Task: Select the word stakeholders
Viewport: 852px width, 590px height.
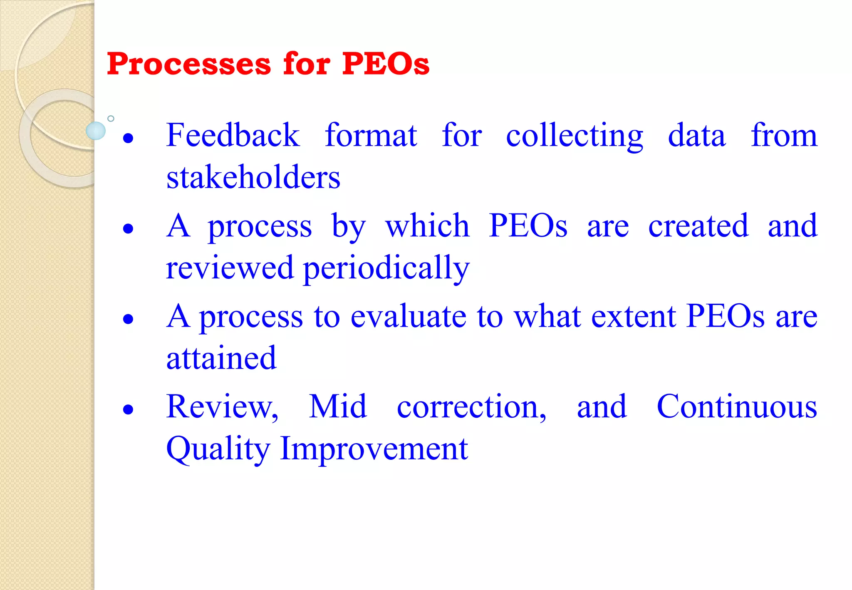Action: click(253, 177)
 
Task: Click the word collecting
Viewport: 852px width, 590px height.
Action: click(574, 136)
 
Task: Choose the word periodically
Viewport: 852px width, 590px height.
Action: click(386, 268)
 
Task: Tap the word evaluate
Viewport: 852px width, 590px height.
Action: click(409, 316)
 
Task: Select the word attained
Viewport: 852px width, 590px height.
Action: click(221, 358)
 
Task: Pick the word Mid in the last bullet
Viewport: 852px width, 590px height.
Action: click(338, 407)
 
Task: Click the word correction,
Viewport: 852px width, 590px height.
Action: click(471, 407)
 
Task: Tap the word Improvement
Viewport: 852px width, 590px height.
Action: click(374, 449)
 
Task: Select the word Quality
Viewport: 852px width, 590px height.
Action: click(218, 449)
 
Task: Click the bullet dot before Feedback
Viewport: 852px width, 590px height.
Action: click(129, 138)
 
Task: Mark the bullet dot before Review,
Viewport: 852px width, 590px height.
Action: click(129, 409)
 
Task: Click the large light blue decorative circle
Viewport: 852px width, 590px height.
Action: click(96, 131)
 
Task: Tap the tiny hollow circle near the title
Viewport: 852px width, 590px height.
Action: click(111, 119)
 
